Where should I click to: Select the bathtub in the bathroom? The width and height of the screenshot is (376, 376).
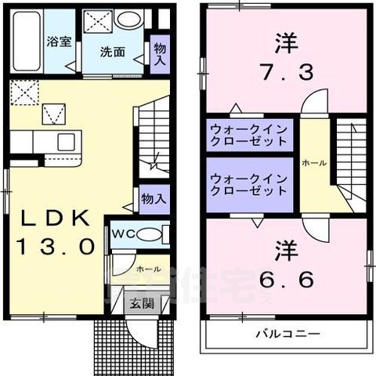pyautogui.click(x=24, y=39)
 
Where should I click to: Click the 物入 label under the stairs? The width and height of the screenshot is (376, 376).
pyautogui.click(x=153, y=200)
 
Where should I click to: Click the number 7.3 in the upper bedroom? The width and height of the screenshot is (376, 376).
pyautogui.click(x=286, y=73)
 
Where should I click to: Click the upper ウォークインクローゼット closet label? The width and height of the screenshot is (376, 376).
pyautogui.click(x=248, y=136)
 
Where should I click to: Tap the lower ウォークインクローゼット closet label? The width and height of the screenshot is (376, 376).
pyautogui.click(x=248, y=184)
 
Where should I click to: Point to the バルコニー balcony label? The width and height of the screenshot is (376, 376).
pyautogui.click(x=286, y=334)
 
